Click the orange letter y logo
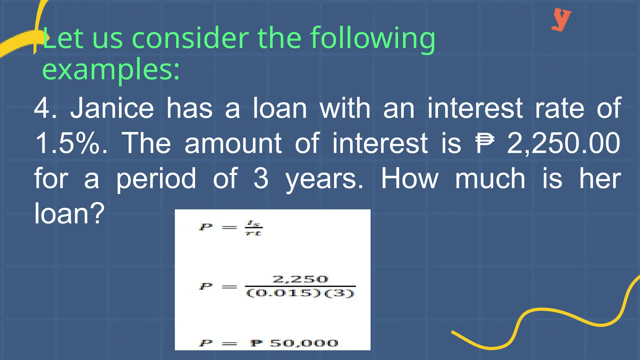pyautogui.click(x=561, y=20)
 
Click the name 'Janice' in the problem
pyautogui.click(x=112, y=108)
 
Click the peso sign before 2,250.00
pyautogui.click(x=484, y=143)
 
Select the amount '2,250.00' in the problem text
pyautogui.click(x=563, y=143)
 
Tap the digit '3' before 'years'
pyautogui.click(x=261, y=178)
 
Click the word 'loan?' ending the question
pyautogui.click(x=69, y=213)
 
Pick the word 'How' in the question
pyautogui.click(x=410, y=178)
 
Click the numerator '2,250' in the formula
pyautogui.click(x=300, y=279)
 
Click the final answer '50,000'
pyautogui.click(x=304, y=343)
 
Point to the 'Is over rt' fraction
pyautogui.click(x=253, y=228)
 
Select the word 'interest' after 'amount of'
pyautogui.click(x=380, y=143)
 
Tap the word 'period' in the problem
pyautogui.click(x=156, y=178)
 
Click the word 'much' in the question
pyautogui.click(x=490, y=178)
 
